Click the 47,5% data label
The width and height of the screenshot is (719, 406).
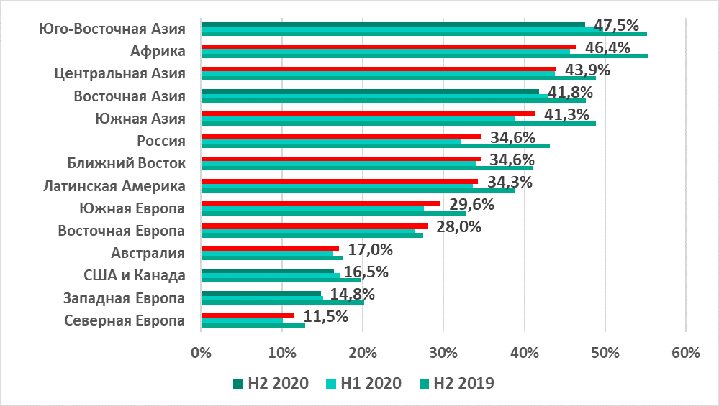617,26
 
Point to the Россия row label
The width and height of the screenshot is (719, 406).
161,141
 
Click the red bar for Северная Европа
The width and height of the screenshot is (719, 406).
248,315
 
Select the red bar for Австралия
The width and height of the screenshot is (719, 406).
270,248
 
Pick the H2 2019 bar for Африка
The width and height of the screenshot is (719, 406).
424,56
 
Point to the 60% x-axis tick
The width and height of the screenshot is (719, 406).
685,353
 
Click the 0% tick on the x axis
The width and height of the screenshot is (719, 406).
201,353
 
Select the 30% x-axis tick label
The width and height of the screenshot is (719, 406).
443,353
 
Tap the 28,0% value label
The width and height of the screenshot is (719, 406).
458,227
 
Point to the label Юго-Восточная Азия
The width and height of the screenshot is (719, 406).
112,29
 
